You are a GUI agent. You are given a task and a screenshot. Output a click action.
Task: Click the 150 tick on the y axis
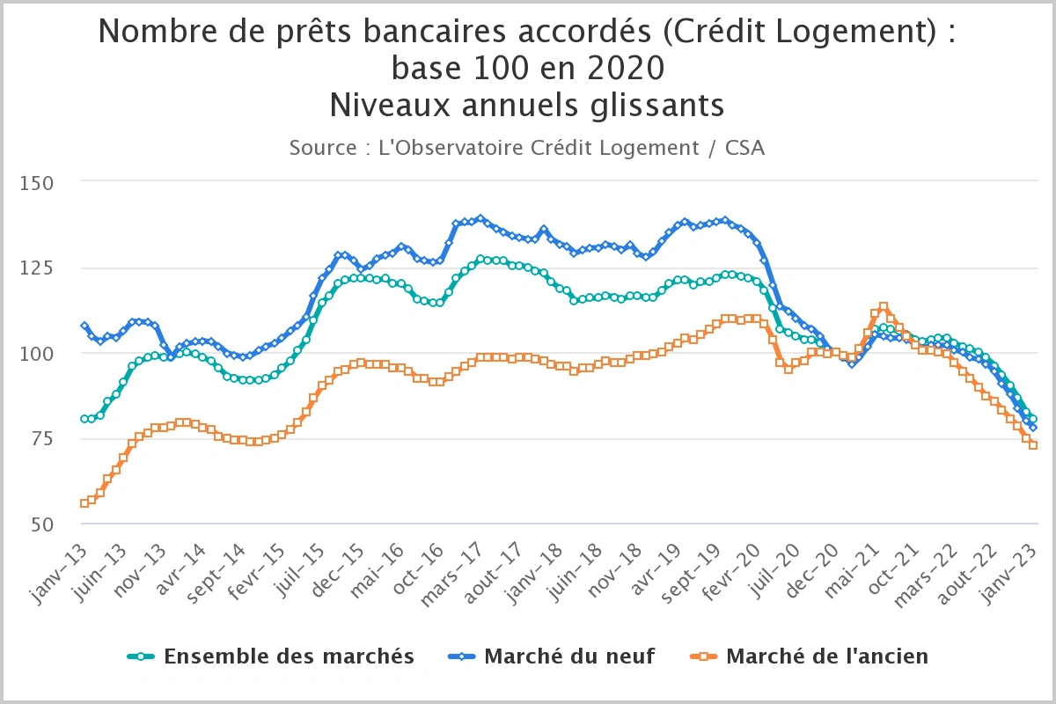(x=41, y=183)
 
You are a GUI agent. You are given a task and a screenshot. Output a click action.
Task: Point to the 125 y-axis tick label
(x=41, y=268)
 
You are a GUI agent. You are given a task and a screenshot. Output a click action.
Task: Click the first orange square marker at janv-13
(x=84, y=503)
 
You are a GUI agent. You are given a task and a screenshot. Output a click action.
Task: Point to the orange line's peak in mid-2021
(x=883, y=307)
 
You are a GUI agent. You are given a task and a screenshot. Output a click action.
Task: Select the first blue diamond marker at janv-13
(x=84, y=326)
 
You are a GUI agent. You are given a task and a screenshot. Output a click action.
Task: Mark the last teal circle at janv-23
(x=1032, y=419)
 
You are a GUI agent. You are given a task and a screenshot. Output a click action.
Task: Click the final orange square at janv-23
(x=1032, y=445)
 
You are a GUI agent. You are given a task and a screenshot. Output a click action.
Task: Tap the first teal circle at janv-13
(x=84, y=419)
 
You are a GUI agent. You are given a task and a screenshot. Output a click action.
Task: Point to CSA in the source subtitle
(x=744, y=148)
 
